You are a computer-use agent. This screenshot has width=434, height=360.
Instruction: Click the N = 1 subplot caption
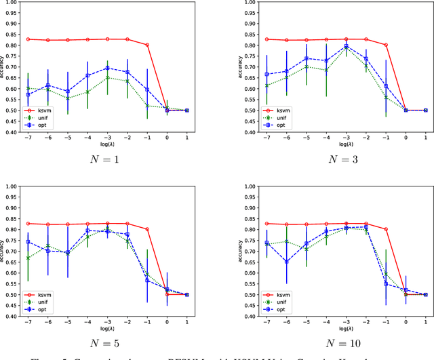point(107,160)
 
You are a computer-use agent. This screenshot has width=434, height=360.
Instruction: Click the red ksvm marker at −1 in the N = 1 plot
point(146,45)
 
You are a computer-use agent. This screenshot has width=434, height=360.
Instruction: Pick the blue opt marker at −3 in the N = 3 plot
point(347,46)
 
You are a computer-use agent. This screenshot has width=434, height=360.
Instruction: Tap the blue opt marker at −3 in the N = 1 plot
point(107,68)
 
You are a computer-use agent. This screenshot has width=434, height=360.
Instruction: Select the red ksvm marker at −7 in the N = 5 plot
point(28,224)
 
